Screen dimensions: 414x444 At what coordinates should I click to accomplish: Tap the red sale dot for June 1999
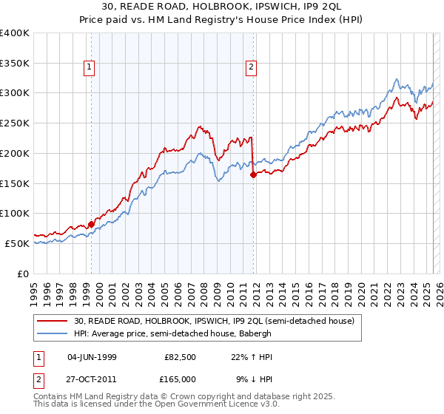point(91,223)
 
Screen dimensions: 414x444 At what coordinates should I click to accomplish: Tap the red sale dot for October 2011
point(253,174)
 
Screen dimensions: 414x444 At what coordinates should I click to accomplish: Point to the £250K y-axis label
point(15,123)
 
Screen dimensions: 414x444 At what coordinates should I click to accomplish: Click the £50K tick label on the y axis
point(17,243)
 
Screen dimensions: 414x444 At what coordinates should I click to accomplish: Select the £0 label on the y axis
point(24,274)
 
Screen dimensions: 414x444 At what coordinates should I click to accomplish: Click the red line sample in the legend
point(52,321)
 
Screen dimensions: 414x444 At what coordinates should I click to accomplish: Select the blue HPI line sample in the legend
point(52,333)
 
